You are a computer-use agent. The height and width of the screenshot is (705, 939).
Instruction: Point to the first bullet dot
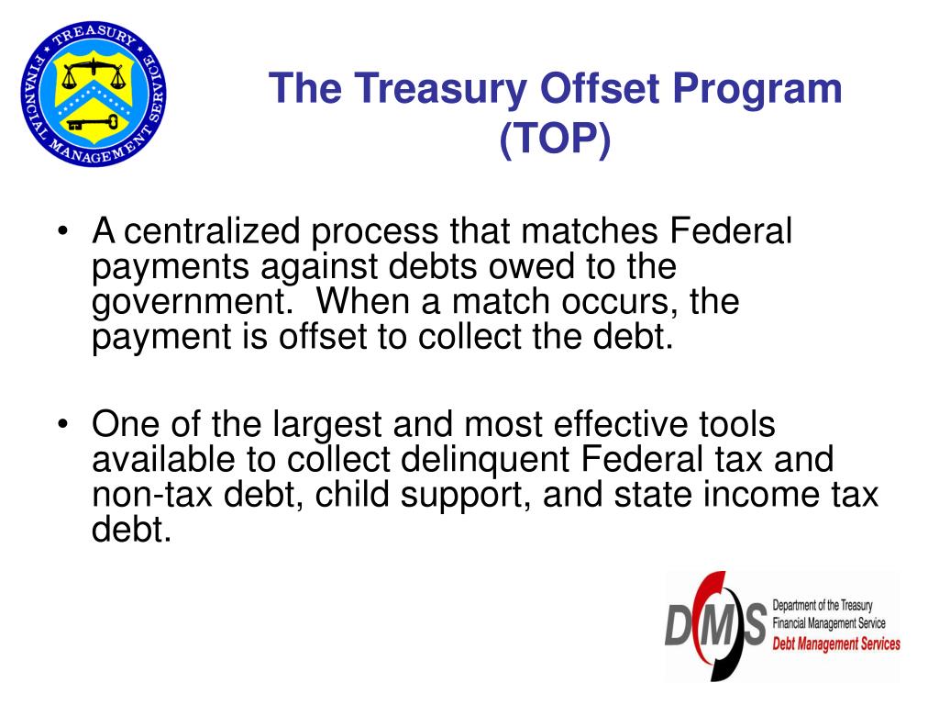[61, 232]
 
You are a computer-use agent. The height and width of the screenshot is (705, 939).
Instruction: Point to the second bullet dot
[61, 427]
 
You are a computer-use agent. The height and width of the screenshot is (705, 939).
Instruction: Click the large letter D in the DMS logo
[679, 627]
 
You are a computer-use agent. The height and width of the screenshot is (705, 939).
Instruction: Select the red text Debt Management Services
[836, 644]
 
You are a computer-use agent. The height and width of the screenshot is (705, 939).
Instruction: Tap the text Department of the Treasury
[823, 606]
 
